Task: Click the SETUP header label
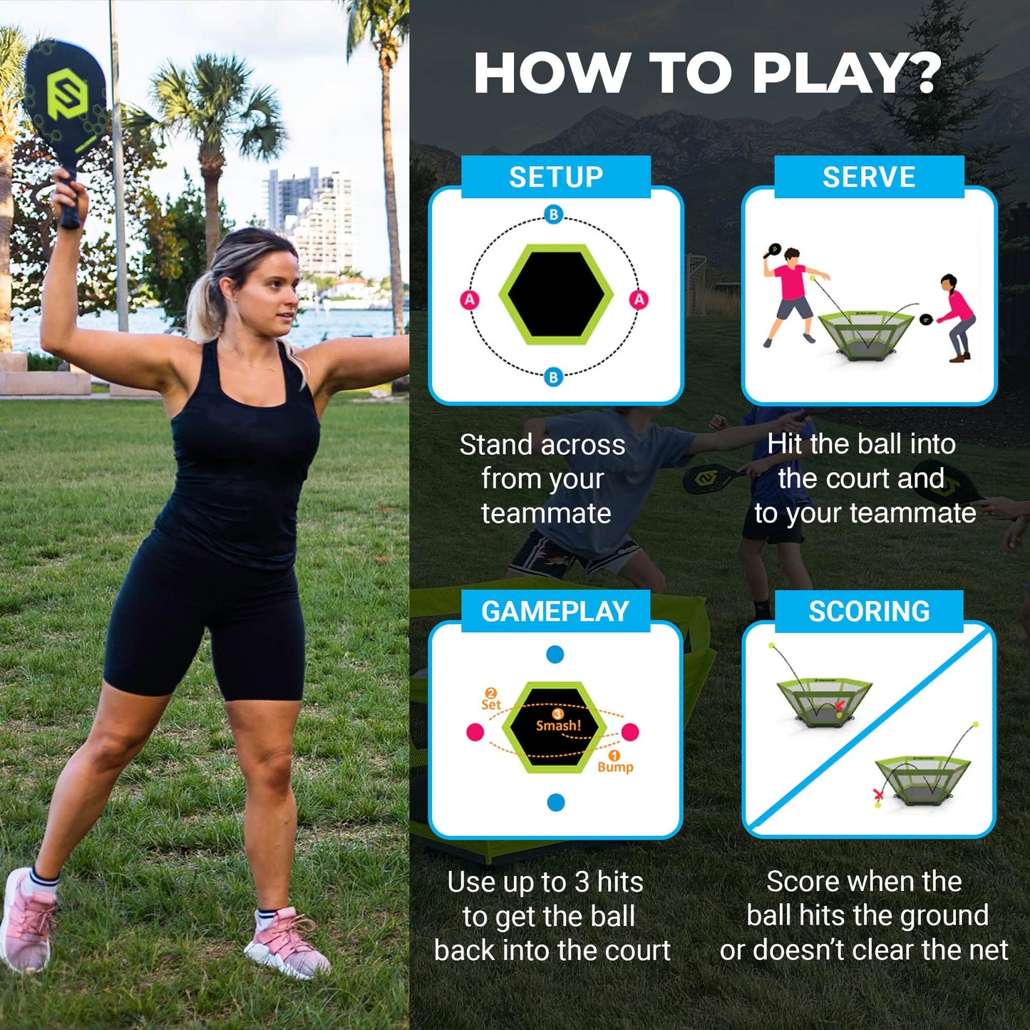click(x=555, y=177)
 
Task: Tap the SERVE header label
click(x=868, y=177)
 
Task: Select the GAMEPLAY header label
click(x=555, y=612)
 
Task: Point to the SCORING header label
click(x=869, y=612)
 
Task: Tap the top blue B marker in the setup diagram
click(x=554, y=215)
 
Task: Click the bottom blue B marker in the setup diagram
click(x=554, y=377)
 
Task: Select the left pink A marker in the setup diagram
click(x=470, y=300)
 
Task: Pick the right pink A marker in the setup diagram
click(x=639, y=299)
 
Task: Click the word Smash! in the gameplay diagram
click(x=558, y=726)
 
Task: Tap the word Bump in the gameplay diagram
click(x=615, y=767)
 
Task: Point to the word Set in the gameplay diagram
click(x=491, y=704)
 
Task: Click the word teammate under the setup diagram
click(x=546, y=513)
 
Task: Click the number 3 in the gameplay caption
click(x=582, y=882)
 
